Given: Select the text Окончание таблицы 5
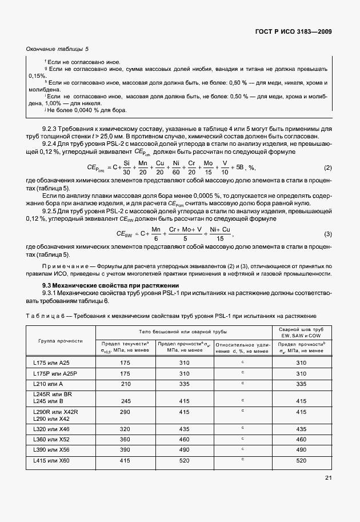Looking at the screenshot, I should pyautogui.click(x=58, y=50).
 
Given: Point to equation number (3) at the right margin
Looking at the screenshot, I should pyautogui.click(x=328, y=234).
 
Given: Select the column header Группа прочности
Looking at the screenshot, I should pyautogui.click(x=61, y=341).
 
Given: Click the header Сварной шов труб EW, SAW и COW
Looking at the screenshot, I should pyautogui.click(x=301, y=333).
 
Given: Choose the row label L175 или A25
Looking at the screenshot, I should pyautogui.click(x=53, y=362).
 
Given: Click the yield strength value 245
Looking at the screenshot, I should pyautogui.click(x=126, y=401).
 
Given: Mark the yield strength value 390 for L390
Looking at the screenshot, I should pyautogui.click(x=126, y=449).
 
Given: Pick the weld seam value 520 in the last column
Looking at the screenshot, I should pyautogui.click(x=301, y=460).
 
